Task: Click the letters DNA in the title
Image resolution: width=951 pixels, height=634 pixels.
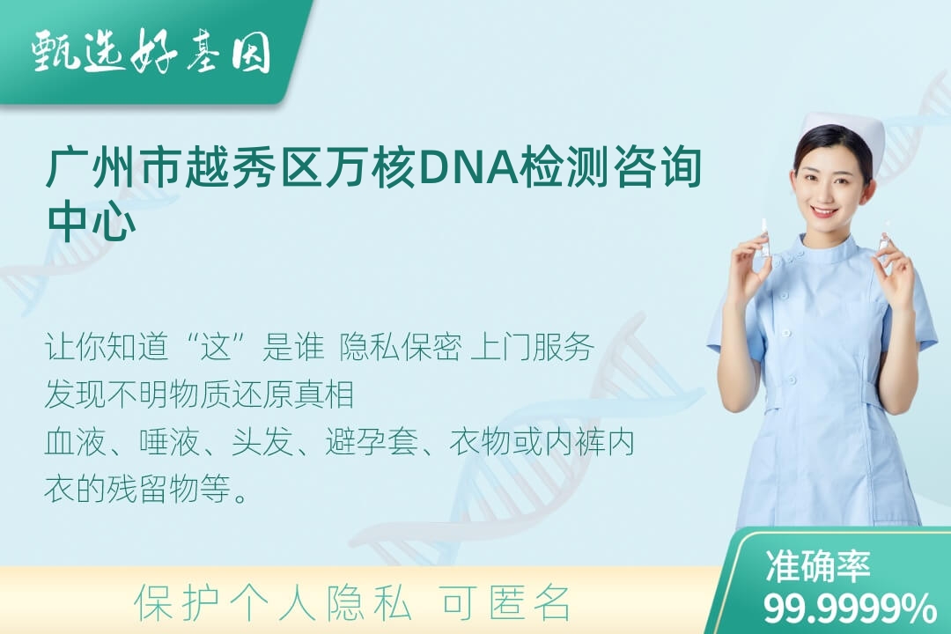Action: click(x=468, y=166)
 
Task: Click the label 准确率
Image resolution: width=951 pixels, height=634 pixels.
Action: click(x=817, y=566)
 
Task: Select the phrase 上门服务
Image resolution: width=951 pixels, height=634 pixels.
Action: click(x=532, y=348)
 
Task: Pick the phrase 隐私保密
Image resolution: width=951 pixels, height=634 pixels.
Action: click(x=401, y=348)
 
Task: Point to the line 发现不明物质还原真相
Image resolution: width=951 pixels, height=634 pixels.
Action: click(x=199, y=394)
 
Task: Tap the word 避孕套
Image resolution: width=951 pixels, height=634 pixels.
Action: click(x=372, y=442)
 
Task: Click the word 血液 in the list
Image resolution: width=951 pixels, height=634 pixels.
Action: click(x=76, y=442)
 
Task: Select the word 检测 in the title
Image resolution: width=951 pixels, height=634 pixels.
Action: click(x=564, y=166)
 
